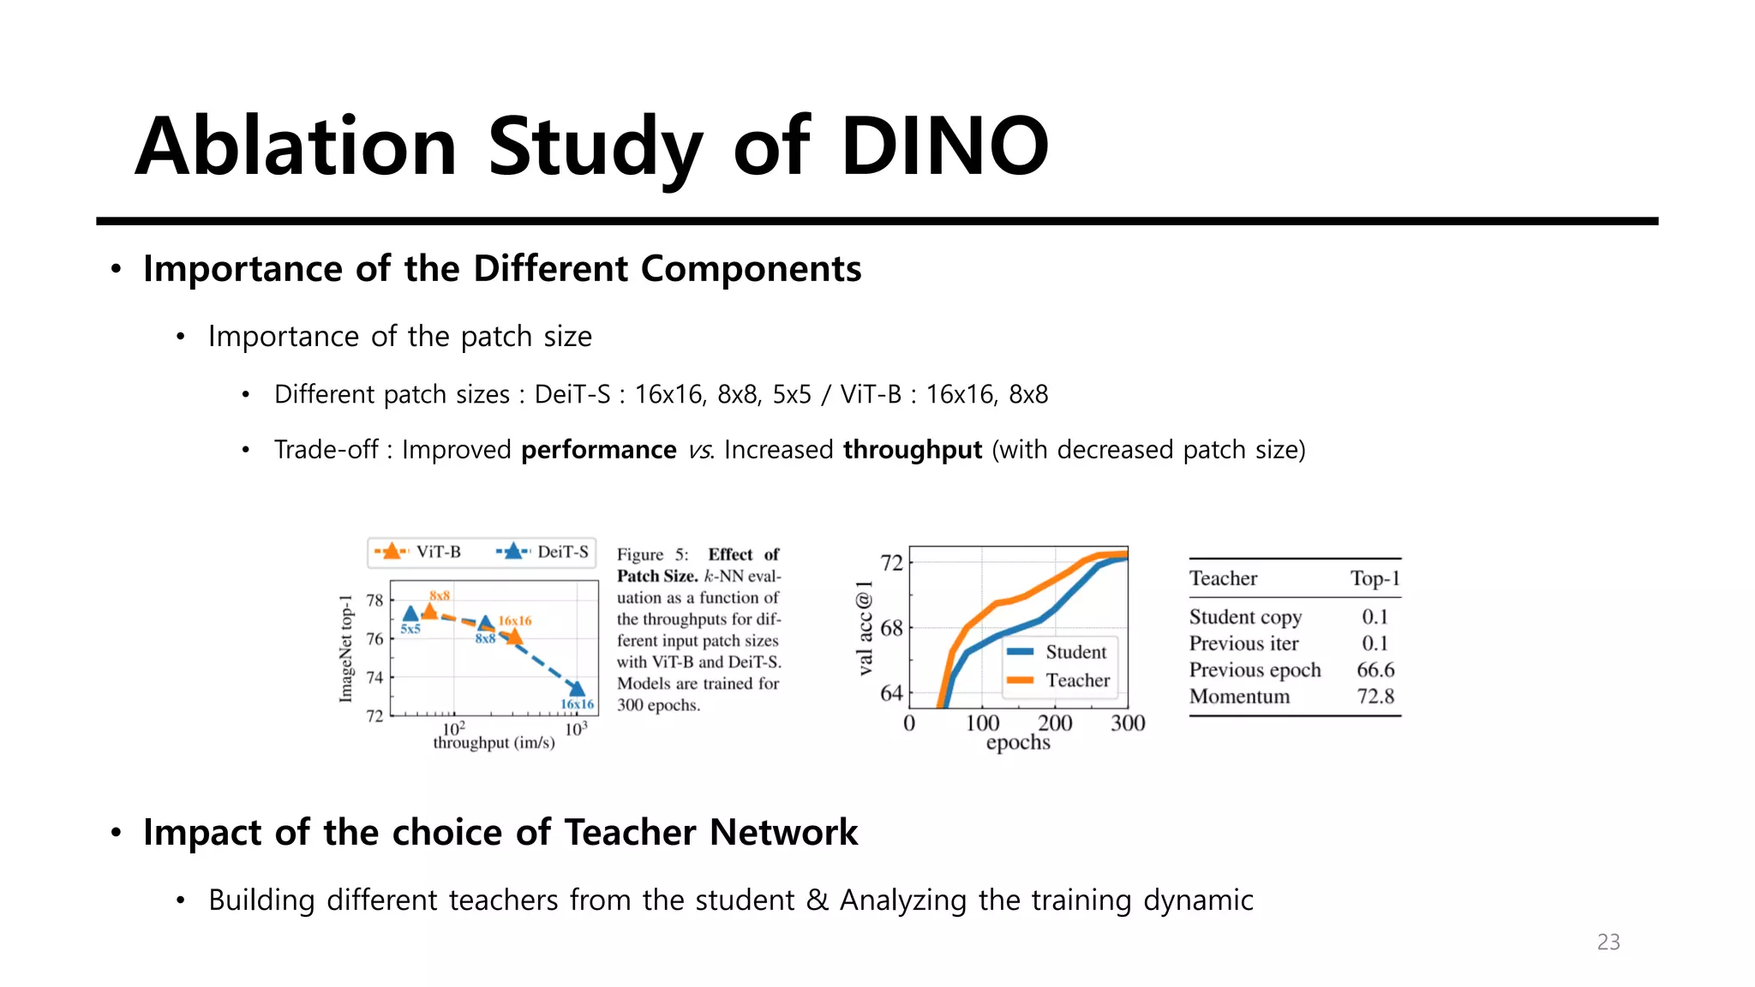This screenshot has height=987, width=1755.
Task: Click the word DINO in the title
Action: (944, 147)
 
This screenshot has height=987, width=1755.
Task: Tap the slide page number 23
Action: (1608, 942)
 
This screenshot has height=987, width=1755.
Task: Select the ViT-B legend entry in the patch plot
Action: (418, 552)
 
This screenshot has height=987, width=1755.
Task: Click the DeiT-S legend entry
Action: (543, 552)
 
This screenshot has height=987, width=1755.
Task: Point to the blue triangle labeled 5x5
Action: (410, 613)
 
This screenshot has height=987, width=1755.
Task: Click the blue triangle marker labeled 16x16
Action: (578, 689)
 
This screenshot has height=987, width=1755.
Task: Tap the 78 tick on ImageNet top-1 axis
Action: (374, 600)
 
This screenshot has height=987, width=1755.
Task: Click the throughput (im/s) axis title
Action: (494, 743)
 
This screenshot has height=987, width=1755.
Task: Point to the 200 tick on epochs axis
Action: (1055, 723)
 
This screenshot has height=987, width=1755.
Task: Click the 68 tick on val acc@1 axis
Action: (891, 628)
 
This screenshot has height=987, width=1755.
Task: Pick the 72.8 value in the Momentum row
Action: (1375, 697)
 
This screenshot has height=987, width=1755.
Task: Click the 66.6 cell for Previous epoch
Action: (1375, 670)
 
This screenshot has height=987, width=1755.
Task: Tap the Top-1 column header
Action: (1375, 578)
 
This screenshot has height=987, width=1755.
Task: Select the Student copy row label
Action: (1245, 617)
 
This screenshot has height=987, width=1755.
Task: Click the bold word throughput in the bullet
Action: (912, 450)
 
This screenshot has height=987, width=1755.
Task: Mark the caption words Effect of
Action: (743, 554)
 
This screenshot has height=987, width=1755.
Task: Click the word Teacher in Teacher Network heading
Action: (630, 833)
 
